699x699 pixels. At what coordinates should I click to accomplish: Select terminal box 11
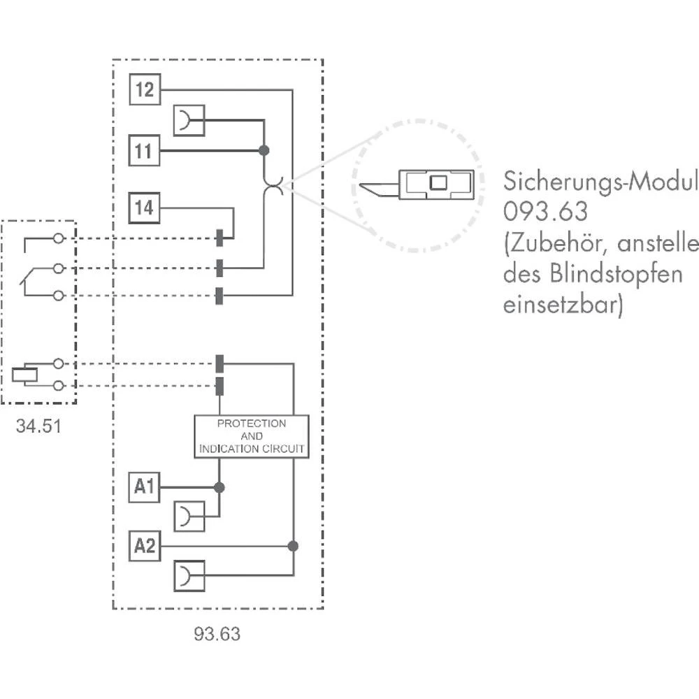(144, 151)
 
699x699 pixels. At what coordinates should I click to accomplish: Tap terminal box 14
(145, 208)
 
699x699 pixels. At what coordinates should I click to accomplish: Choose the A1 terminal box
(145, 487)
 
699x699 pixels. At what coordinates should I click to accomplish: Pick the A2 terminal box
(145, 546)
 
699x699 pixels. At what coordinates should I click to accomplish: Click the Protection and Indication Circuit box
(252, 437)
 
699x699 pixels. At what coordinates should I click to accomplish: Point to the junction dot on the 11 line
(264, 150)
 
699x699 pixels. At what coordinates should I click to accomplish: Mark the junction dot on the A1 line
(219, 487)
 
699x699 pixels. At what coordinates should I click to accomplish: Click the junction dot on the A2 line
(293, 546)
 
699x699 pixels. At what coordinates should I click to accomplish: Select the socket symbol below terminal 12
(188, 120)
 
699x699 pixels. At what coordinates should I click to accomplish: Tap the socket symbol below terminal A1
(188, 517)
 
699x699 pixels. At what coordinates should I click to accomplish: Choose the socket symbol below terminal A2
(188, 577)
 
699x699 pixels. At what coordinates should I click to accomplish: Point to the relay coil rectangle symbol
(24, 374)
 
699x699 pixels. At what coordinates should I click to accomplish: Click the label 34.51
(38, 425)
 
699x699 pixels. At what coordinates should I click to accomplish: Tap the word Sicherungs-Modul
(600, 182)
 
